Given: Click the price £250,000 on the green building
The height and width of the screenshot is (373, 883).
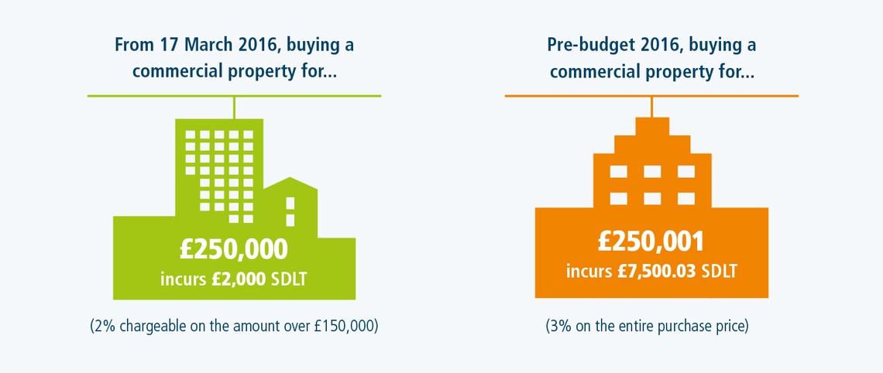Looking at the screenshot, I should (x=234, y=249).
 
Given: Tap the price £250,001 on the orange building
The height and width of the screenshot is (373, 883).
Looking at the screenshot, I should (x=651, y=242).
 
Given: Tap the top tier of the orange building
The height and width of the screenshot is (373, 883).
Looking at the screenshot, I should (x=651, y=126).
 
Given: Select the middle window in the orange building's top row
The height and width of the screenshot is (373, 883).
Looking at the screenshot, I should (x=651, y=172).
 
